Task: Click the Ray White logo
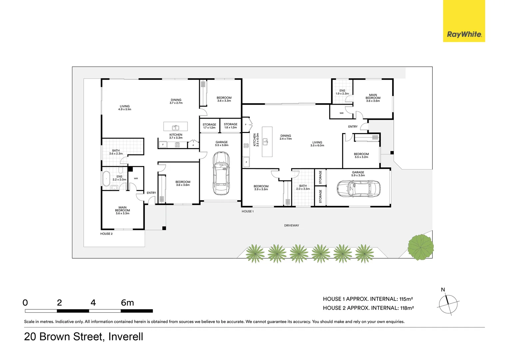coord(464,21)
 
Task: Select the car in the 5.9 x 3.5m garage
coord(358,189)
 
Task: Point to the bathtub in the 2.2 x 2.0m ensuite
coord(106,179)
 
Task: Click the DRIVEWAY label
coord(291,226)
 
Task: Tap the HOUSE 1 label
coord(248,211)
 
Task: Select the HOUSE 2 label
coord(106,234)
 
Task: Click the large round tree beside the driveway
coord(421,247)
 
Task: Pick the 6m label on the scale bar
coord(127,303)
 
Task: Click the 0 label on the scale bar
coord(25,303)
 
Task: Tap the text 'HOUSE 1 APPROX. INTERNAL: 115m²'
coord(368,299)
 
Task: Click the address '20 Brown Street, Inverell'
coord(84,337)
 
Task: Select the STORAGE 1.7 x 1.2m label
coord(209,126)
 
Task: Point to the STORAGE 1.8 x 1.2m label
coord(231,126)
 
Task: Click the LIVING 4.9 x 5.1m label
coord(125,108)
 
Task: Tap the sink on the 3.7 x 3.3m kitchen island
coord(175,127)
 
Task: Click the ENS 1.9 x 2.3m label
coord(342,92)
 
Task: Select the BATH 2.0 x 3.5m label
coord(303,187)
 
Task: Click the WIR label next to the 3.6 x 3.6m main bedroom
coord(341,113)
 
